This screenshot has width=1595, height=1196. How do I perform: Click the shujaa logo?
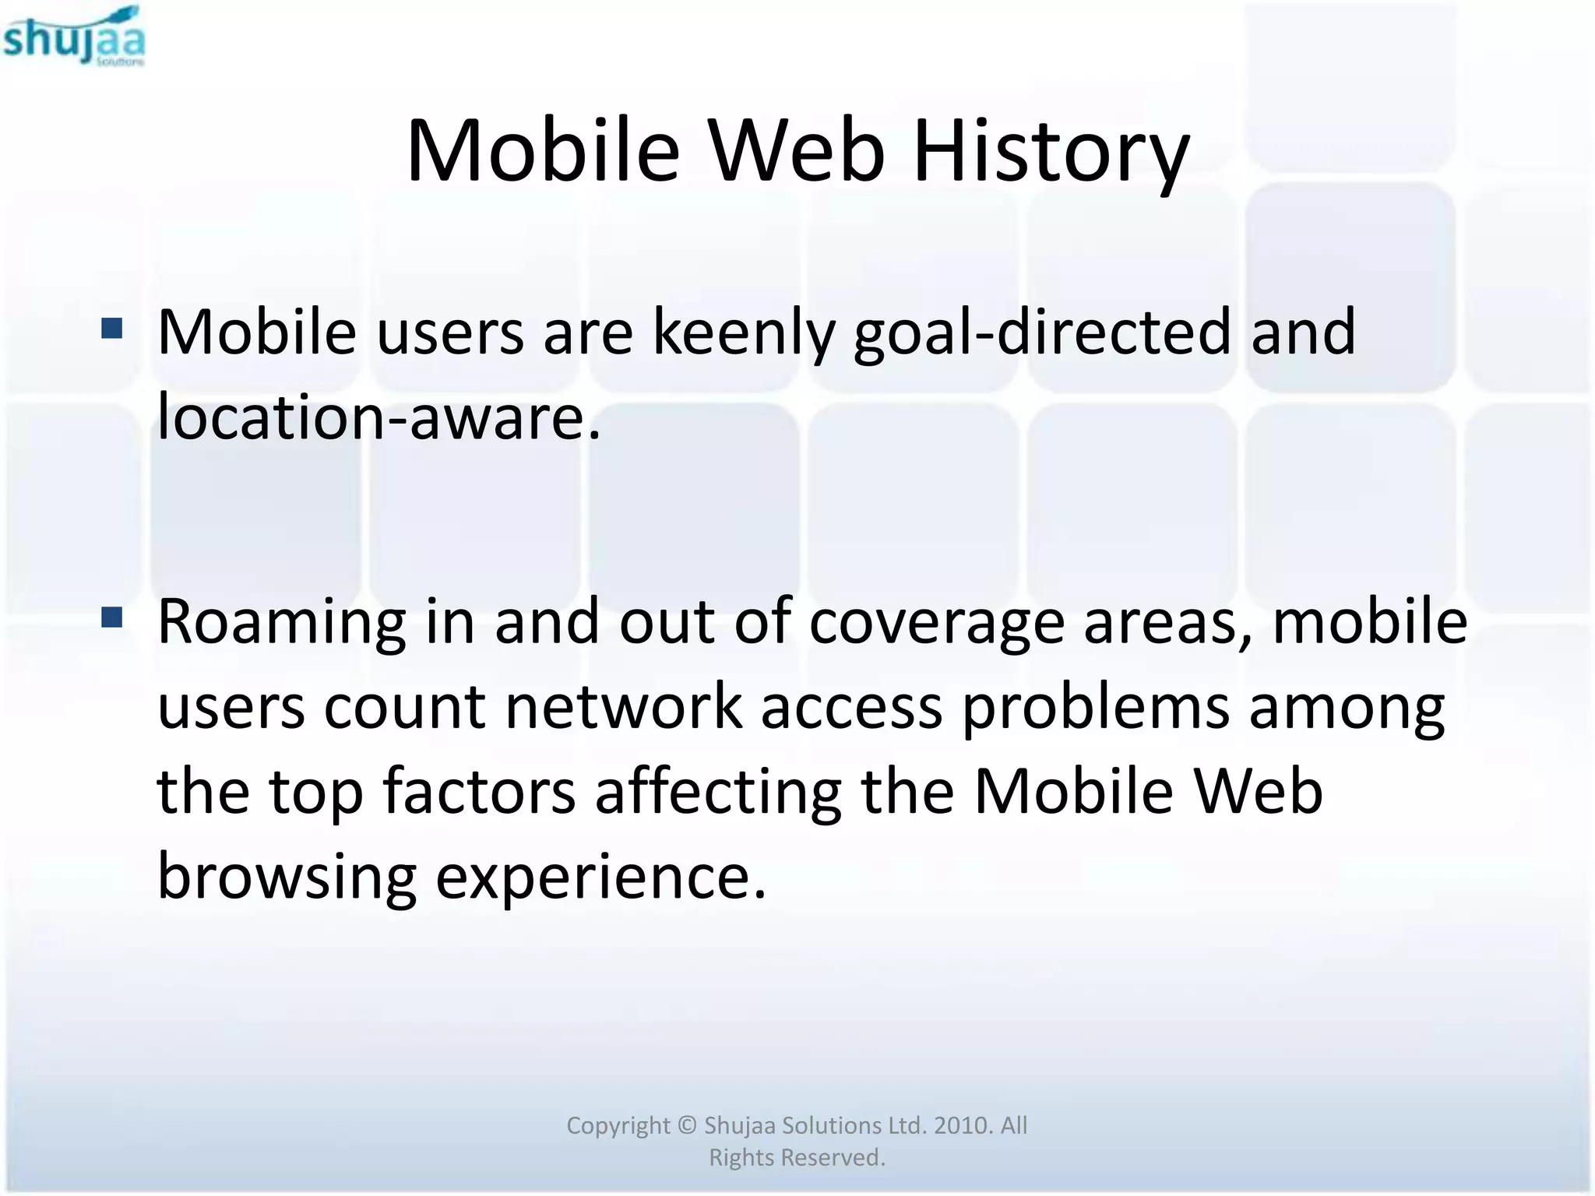(74, 37)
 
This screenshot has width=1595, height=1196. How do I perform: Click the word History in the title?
(1051, 151)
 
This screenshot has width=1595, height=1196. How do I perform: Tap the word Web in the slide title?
(797, 151)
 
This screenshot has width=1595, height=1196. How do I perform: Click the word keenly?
(742, 333)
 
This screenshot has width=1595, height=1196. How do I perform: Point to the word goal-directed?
(1042, 333)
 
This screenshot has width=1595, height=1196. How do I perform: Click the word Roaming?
(281, 623)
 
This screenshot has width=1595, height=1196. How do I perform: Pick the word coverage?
(937, 623)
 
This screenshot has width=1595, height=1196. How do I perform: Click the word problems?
(1096, 707)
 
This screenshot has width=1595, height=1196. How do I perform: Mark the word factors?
(479, 792)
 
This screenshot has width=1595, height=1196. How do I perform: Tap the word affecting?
(718, 792)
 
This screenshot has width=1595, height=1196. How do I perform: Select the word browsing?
(287, 877)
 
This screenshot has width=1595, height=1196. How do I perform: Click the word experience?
(600, 877)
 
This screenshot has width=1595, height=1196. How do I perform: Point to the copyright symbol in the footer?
(686, 1126)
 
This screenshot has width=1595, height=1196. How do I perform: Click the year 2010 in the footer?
(961, 1126)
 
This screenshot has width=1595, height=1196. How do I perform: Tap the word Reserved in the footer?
(833, 1158)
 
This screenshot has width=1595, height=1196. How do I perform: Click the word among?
(1347, 707)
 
